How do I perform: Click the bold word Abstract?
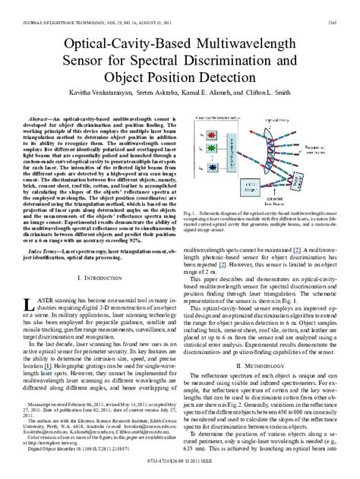coord(48,119)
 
